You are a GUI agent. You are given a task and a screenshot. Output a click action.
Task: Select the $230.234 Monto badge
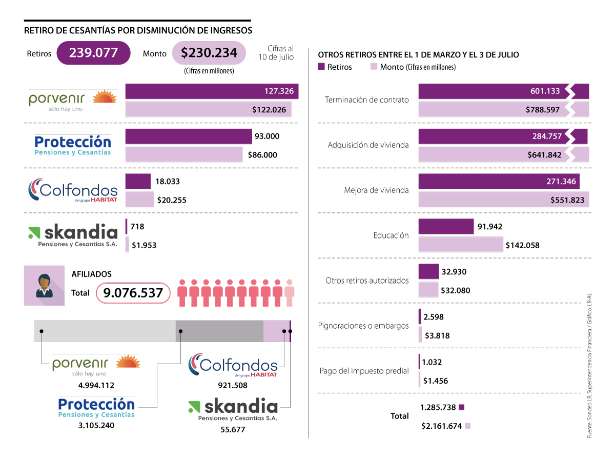pos(209,53)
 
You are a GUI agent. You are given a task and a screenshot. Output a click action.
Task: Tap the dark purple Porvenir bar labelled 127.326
pos(212,91)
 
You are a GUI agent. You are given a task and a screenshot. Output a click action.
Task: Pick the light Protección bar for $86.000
pos(184,154)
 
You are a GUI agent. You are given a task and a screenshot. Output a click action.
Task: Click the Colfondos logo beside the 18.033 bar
pos(72,190)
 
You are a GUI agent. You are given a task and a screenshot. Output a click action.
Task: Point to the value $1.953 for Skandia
pos(144,245)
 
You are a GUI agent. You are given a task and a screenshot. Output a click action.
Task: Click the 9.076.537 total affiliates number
pos(133,293)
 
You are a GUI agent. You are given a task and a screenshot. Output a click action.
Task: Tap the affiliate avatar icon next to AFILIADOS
pos(44,286)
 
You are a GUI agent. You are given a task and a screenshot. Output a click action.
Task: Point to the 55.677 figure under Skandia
pos(233,429)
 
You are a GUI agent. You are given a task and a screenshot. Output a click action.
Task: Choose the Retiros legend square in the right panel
pos(322,67)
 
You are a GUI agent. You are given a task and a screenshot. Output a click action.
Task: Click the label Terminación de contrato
pos(367,100)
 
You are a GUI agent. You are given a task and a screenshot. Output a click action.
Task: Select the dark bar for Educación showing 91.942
pos(446,226)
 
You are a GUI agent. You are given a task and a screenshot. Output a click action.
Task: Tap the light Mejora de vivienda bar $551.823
pos(503,200)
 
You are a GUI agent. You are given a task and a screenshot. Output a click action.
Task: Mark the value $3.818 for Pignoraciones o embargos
pos(437,336)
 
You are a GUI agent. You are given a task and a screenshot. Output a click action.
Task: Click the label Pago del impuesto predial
pos(364,371)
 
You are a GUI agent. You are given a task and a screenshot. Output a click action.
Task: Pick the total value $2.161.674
pos(442,426)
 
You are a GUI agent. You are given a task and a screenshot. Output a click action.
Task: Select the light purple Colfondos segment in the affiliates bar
pos(276,331)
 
